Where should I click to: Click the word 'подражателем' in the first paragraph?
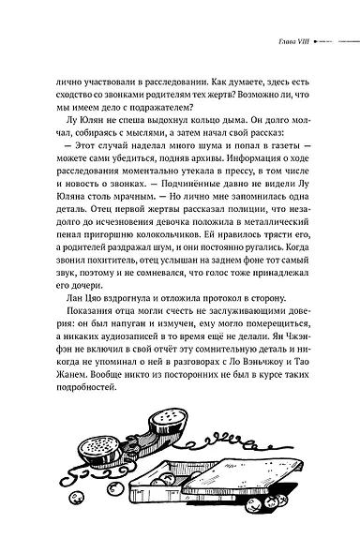tap(131, 110)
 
